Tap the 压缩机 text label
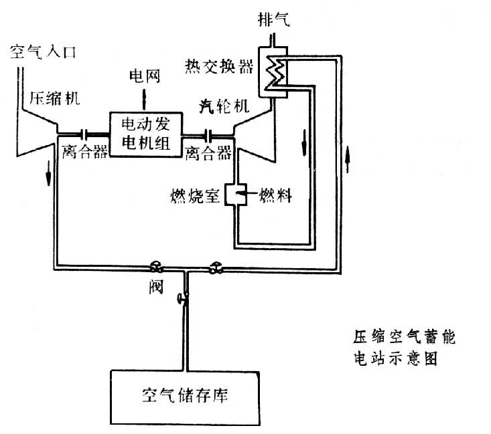(55, 100)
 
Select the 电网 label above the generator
(143, 77)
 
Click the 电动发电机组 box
(144, 134)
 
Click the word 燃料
(273, 197)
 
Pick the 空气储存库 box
(187, 393)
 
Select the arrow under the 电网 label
(143, 97)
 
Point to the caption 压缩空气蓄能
(403, 334)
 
